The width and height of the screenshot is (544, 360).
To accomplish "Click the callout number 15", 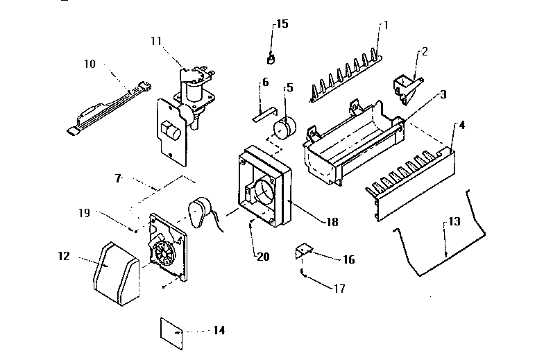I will pyautogui.click(x=282, y=24).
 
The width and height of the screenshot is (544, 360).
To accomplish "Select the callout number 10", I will pyautogui.click(x=90, y=64).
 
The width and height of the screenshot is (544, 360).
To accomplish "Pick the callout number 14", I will pyautogui.click(x=219, y=330).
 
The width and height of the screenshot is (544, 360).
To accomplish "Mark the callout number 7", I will pyautogui.click(x=119, y=179).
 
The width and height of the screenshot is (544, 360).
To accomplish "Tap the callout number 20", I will pyautogui.click(x=263, y=256).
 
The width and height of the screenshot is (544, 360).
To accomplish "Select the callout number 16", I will pyautogui.click(x=348, y=259).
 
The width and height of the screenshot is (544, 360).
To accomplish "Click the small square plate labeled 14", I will pyautogui.click(x=170, y=331).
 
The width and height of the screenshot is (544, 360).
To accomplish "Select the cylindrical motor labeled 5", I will pyautogui.click(x=283, y=130).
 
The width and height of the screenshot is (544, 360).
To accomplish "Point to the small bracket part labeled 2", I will pyautogui.click(x=406, y=82).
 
